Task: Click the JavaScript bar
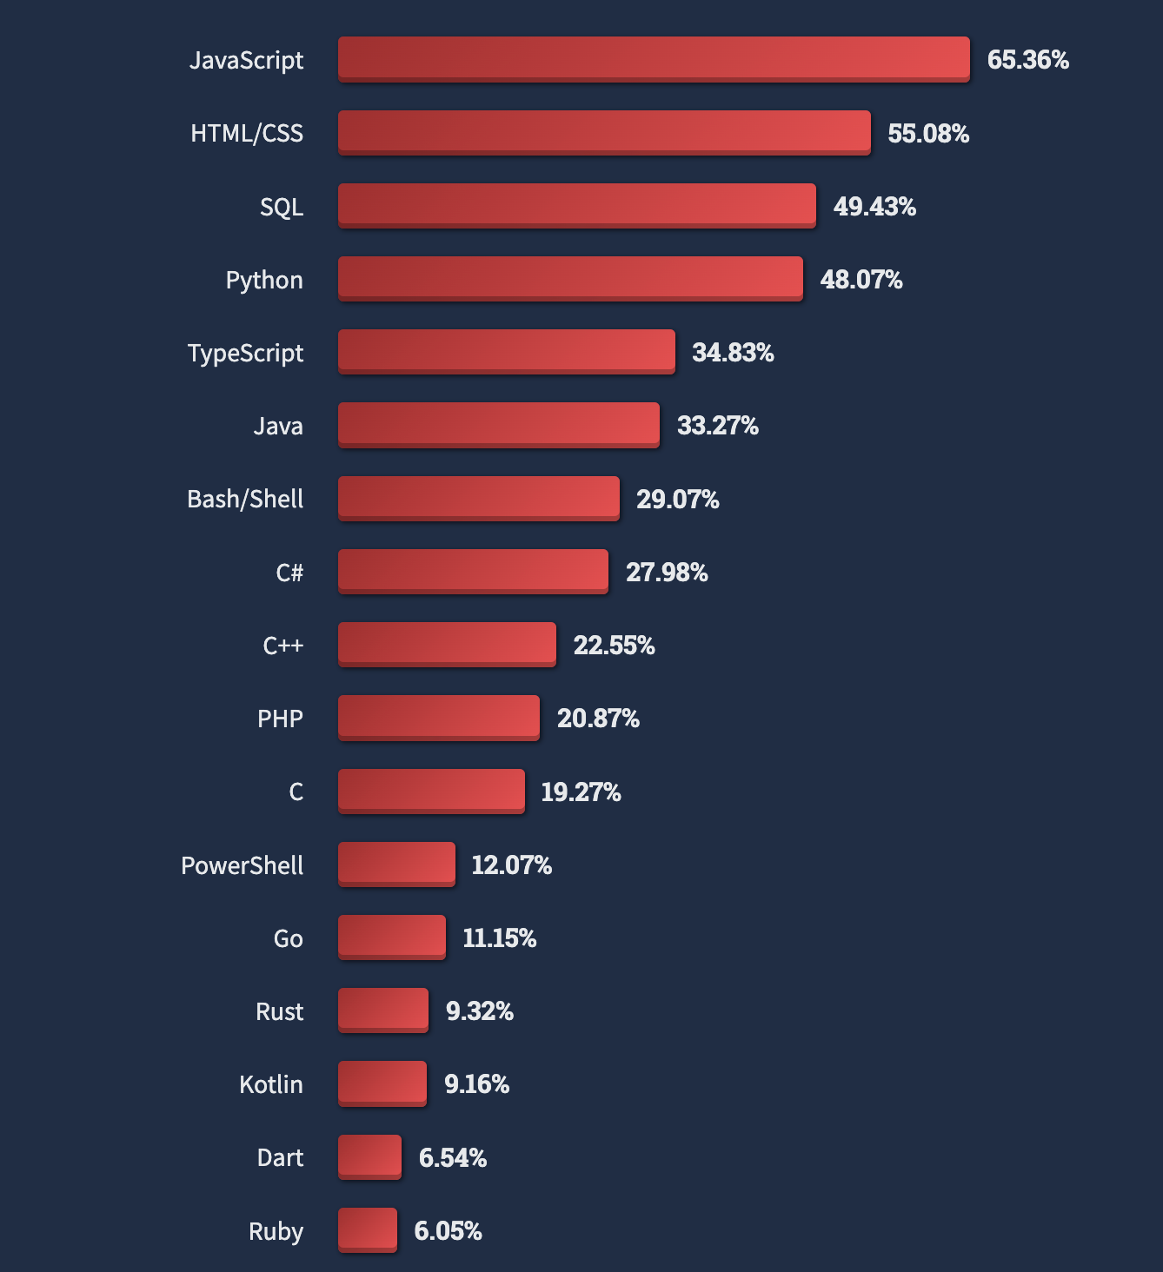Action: pos(654,59)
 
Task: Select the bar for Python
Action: pos(570,279)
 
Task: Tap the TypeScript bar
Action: pos(507,352)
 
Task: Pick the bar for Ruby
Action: pos(368,1230)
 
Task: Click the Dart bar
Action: pos(369,1157)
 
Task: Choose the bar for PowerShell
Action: pos(396,865)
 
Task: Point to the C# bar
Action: pos(473,572)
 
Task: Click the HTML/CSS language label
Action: pos(247,133)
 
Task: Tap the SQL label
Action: pos(282,207)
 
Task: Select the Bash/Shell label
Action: pos(245,499)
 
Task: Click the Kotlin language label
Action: pos(271,1084)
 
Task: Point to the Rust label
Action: pos(279,1011)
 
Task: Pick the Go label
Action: pos(288,937)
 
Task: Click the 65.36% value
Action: pos(1028,60)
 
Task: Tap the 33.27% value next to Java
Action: pos(718,426)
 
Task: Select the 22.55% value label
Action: pos(615,645)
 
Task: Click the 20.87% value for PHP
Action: pos(598,719)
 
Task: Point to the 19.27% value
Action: pos(581,792)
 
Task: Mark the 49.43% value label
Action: pos(874,206)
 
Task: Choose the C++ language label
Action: pos(283,646)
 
